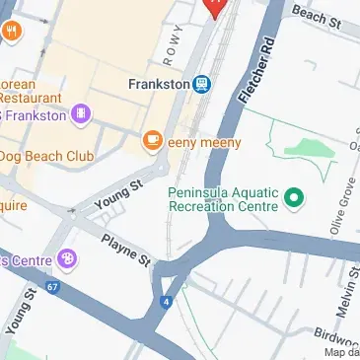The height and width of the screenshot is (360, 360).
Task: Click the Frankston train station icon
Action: (202, 84)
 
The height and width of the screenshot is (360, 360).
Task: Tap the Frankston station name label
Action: (158, 84)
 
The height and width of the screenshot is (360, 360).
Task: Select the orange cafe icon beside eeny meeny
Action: (152, 142)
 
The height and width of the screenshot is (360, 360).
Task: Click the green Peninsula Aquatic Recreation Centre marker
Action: (292, 199)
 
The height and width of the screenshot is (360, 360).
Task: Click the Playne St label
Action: (125, 251)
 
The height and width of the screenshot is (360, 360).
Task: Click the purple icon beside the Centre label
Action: (67, 259)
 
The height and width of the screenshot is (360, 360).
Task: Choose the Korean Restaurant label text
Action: (34, 89)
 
